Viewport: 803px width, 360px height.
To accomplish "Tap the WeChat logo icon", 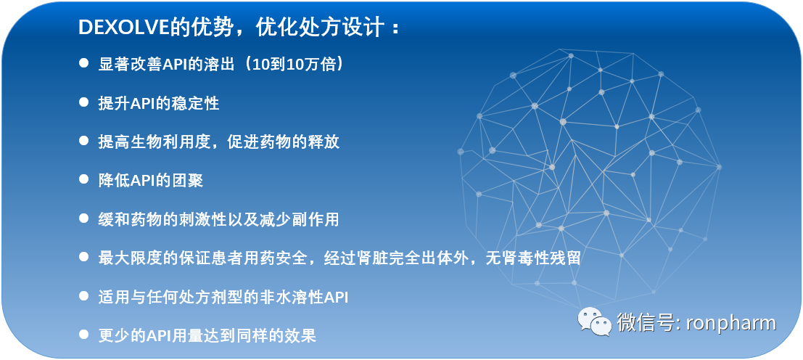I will pos(594,322).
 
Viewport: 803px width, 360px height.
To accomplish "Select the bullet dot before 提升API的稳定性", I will pos(83,102).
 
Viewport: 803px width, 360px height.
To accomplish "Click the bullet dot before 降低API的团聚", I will pos(83,179).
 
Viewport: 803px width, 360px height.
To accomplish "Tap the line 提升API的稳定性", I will pos(159,103).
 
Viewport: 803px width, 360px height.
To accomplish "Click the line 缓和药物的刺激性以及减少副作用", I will pos(218,218).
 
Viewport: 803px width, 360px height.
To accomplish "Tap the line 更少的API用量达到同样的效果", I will pos(207,335).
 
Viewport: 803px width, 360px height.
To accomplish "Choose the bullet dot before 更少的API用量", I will pos(83,335).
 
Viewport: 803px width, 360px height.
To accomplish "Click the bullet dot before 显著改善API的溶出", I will pos(83,63).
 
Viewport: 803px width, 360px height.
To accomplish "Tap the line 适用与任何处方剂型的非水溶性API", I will pos(223,296).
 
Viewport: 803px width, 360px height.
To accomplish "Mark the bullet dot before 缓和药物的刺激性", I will pos(83,218).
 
